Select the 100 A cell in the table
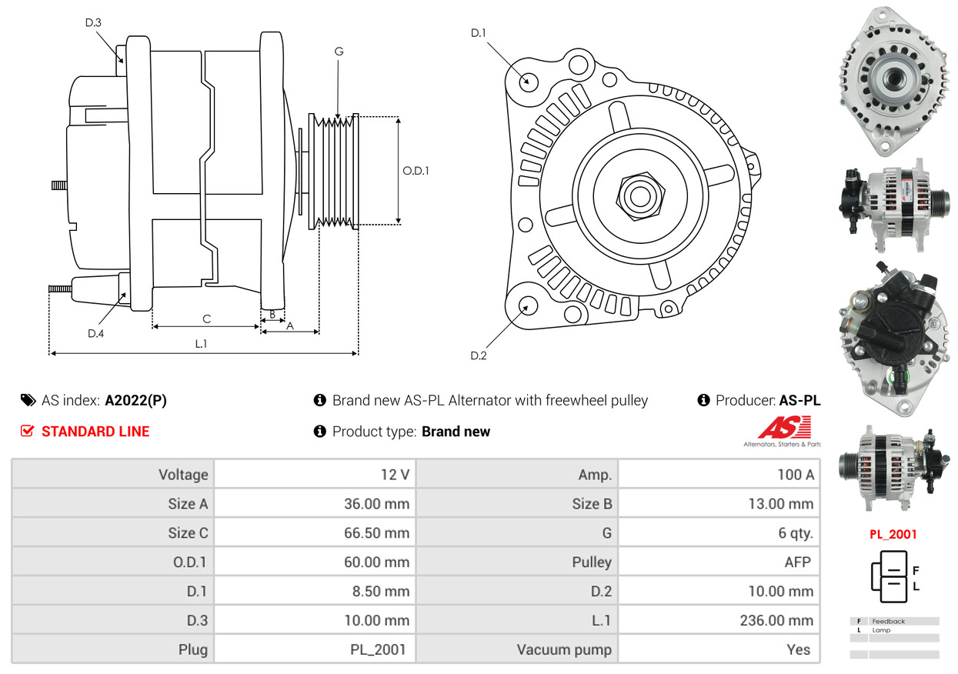point(795,475)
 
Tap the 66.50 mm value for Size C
point(376,533)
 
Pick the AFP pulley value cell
point(797,562)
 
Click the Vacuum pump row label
point(564,650)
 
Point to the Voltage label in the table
point(183,475)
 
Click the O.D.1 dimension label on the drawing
point(416,171)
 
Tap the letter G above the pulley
point(339,52)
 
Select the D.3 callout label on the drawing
point(93,23)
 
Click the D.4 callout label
point(95,333)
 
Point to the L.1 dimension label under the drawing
point(201,344)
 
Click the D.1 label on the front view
point(479,32)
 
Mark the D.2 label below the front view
point(479,355)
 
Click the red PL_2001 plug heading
point(893,534)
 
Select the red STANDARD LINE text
point(95,432)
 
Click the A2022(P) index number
point(135,400)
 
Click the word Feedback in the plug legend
point(888,621)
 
